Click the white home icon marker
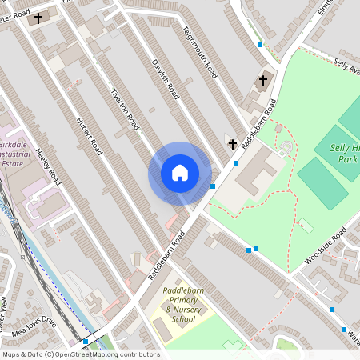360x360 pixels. coord(180,173)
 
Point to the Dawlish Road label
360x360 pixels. coord(165,80)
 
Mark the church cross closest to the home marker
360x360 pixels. coord(233,145)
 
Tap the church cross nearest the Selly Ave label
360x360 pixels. coord(262,81)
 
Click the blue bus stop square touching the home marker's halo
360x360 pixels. coord(213,186)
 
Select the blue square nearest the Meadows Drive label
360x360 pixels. coord(86,341)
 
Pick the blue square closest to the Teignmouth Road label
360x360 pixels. coord(259,45)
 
